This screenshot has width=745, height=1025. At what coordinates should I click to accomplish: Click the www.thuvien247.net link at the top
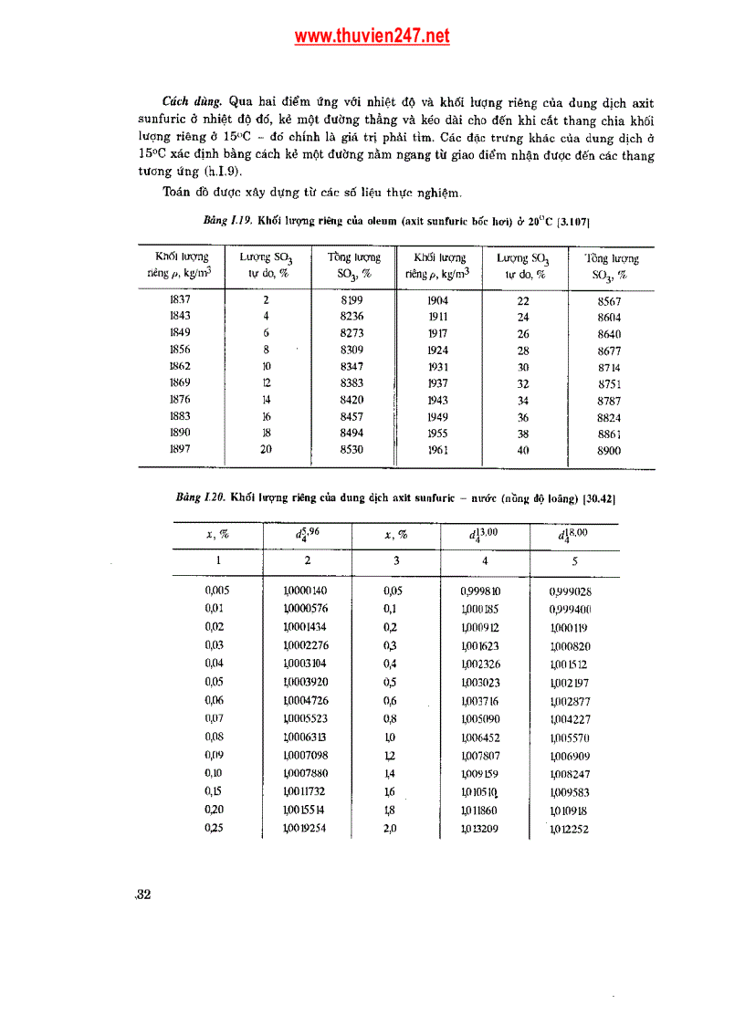(x=372, y=37)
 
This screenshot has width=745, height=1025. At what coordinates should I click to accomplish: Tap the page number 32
(x=142, y=894)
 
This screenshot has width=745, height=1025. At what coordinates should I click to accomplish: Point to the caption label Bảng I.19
(x=227, y=222)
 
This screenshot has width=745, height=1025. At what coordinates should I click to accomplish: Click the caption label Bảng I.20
(x=200, y=497)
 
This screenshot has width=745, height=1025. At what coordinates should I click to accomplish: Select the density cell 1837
(x=180, y=299)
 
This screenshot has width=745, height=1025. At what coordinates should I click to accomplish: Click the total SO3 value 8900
(x=609, y=451)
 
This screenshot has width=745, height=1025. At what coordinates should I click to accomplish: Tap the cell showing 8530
(x=352, y=449)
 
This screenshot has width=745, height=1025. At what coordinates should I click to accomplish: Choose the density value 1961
(x=438, y=449)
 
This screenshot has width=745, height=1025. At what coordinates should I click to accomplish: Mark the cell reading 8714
(x=609, y=367)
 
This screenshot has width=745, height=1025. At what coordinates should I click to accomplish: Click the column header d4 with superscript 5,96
(x=307, y=535)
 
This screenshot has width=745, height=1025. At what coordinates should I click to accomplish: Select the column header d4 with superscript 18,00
(x=572, y=535)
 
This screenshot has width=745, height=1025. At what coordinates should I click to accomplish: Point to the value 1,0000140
(x=305, y=591)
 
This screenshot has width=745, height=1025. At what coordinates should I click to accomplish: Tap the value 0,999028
(x=571, y=591)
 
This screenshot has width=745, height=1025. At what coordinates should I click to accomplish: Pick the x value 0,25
(x=215, y=828)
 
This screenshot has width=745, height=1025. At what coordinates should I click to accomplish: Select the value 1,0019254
(x=305, y=828)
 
